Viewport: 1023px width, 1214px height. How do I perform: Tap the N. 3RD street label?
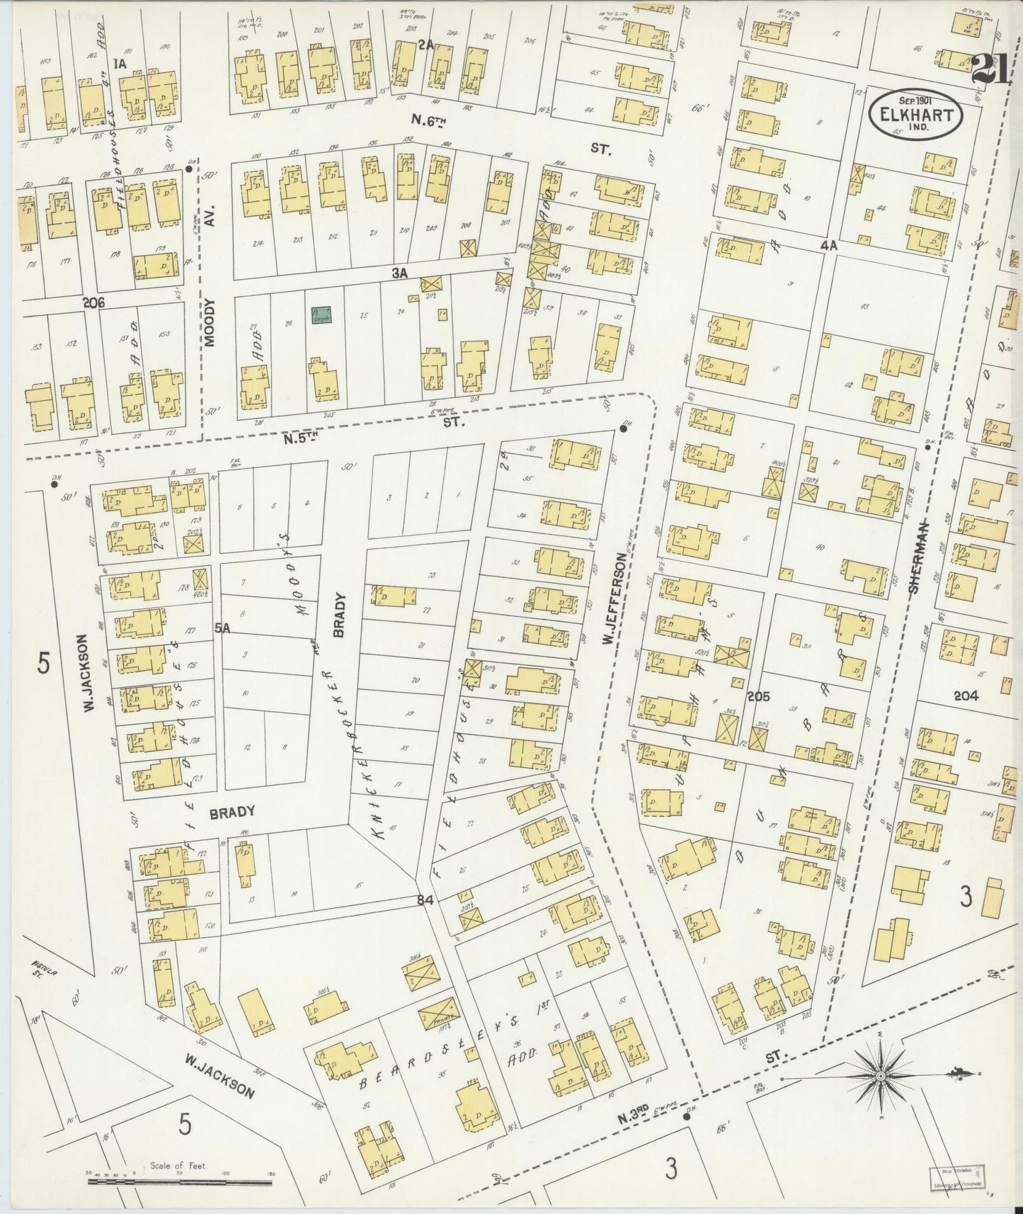(x=630, y=1118)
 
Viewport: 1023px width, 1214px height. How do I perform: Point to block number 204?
(x=966, y=696)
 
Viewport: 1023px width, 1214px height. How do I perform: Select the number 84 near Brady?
(x=424, y=901)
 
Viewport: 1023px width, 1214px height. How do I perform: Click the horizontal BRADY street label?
(x=232, y=812)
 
